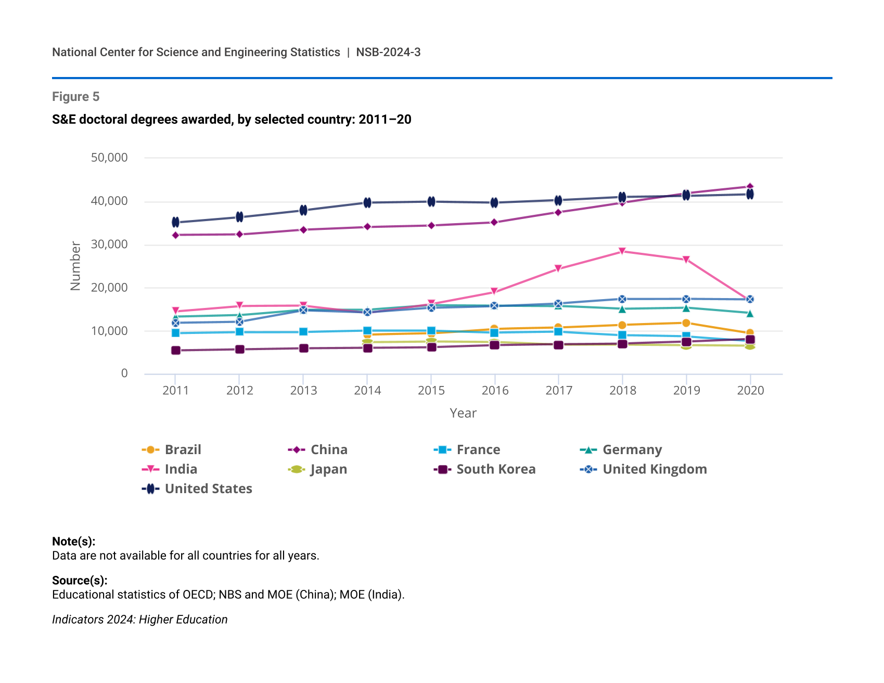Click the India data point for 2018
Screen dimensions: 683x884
[622, 251]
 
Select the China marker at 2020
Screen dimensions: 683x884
[750, 186]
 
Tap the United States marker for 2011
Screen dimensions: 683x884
[175, 222]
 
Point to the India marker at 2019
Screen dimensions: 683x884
[686, 260]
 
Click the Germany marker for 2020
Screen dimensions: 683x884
[750, 313]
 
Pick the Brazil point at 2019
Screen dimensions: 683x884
[686, 323]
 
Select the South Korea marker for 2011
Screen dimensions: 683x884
[175, 351]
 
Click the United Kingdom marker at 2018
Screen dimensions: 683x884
[622, 299]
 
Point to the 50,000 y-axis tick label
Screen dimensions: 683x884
[109, 158]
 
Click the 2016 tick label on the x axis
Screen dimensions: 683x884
[495, 391]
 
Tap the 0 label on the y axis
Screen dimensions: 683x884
[124, 373]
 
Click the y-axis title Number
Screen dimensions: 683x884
[76, 266]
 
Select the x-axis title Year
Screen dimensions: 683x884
[463, 413]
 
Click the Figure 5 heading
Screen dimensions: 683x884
[76, 97]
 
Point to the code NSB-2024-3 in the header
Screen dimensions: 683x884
[388, 53]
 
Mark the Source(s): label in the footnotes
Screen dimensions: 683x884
[80, 581]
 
